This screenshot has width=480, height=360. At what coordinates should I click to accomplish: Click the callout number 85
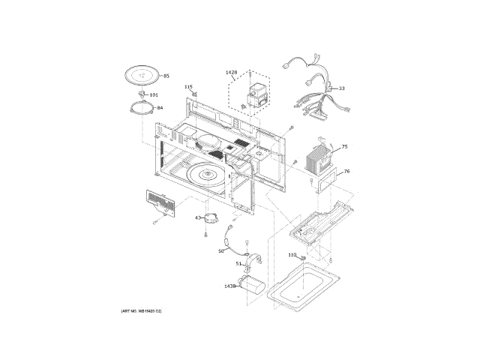[166, 76]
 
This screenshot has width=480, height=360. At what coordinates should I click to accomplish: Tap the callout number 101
[154, 95]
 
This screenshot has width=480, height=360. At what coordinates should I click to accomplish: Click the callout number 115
[189, 87]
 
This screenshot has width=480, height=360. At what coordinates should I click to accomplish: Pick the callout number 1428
[231, 73]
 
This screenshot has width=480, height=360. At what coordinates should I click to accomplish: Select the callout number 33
[342, 88]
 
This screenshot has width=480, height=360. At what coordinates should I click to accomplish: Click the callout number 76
[346, 172]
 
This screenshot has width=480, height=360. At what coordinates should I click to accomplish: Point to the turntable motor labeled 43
[213, 218]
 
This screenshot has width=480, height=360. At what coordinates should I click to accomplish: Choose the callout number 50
[221, 251]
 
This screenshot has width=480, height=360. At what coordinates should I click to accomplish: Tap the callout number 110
[292, 255]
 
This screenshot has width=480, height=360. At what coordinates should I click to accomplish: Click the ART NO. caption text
[142, 310]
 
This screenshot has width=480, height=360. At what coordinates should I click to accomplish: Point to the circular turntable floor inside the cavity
[205, 174]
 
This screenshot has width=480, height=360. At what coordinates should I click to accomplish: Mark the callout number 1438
[229, 286]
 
